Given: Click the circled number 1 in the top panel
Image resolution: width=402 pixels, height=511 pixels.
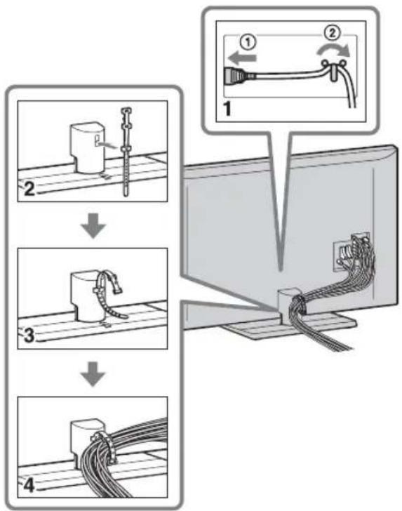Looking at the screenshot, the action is pos(248,43).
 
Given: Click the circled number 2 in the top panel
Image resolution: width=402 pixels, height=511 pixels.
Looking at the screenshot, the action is pos(332,33).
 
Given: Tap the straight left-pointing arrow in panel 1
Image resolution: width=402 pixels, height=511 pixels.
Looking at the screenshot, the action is pos(242,58).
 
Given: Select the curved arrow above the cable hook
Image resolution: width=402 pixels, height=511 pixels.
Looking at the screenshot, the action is pos(334,51).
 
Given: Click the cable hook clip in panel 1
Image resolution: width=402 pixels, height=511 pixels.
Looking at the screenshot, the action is pos(332,69).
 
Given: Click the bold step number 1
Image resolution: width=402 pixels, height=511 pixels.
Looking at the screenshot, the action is pos(227,109).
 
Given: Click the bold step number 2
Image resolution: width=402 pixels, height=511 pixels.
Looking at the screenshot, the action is pos(30,189).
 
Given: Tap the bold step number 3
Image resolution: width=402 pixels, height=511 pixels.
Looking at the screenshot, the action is pos(30,336).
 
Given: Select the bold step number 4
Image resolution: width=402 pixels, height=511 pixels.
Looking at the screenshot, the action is pos(29,485).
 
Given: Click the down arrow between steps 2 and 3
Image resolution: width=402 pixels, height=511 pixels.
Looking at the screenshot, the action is pos(93,225).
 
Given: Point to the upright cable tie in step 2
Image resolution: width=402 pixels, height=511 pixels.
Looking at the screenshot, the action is pos(126,151).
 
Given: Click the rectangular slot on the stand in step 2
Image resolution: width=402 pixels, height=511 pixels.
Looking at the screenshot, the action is pos(97,140).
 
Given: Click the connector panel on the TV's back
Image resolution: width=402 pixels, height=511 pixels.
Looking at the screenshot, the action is pos(351,252).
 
